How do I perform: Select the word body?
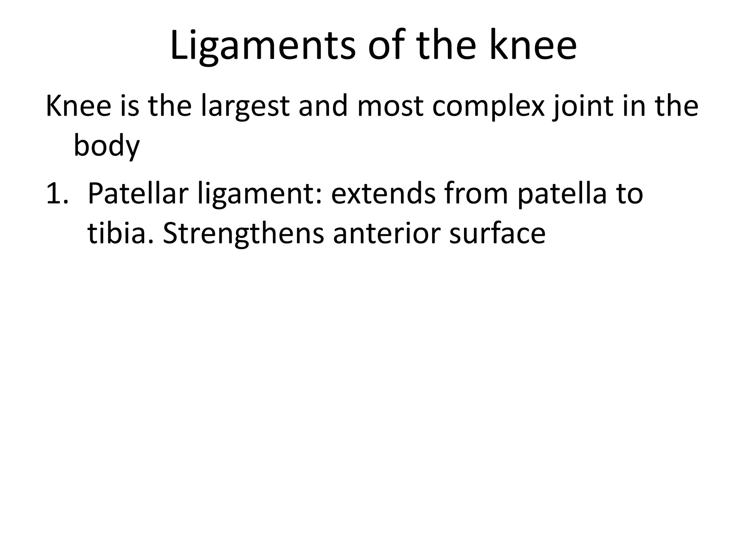(107, 146)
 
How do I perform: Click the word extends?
(383, 194)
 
